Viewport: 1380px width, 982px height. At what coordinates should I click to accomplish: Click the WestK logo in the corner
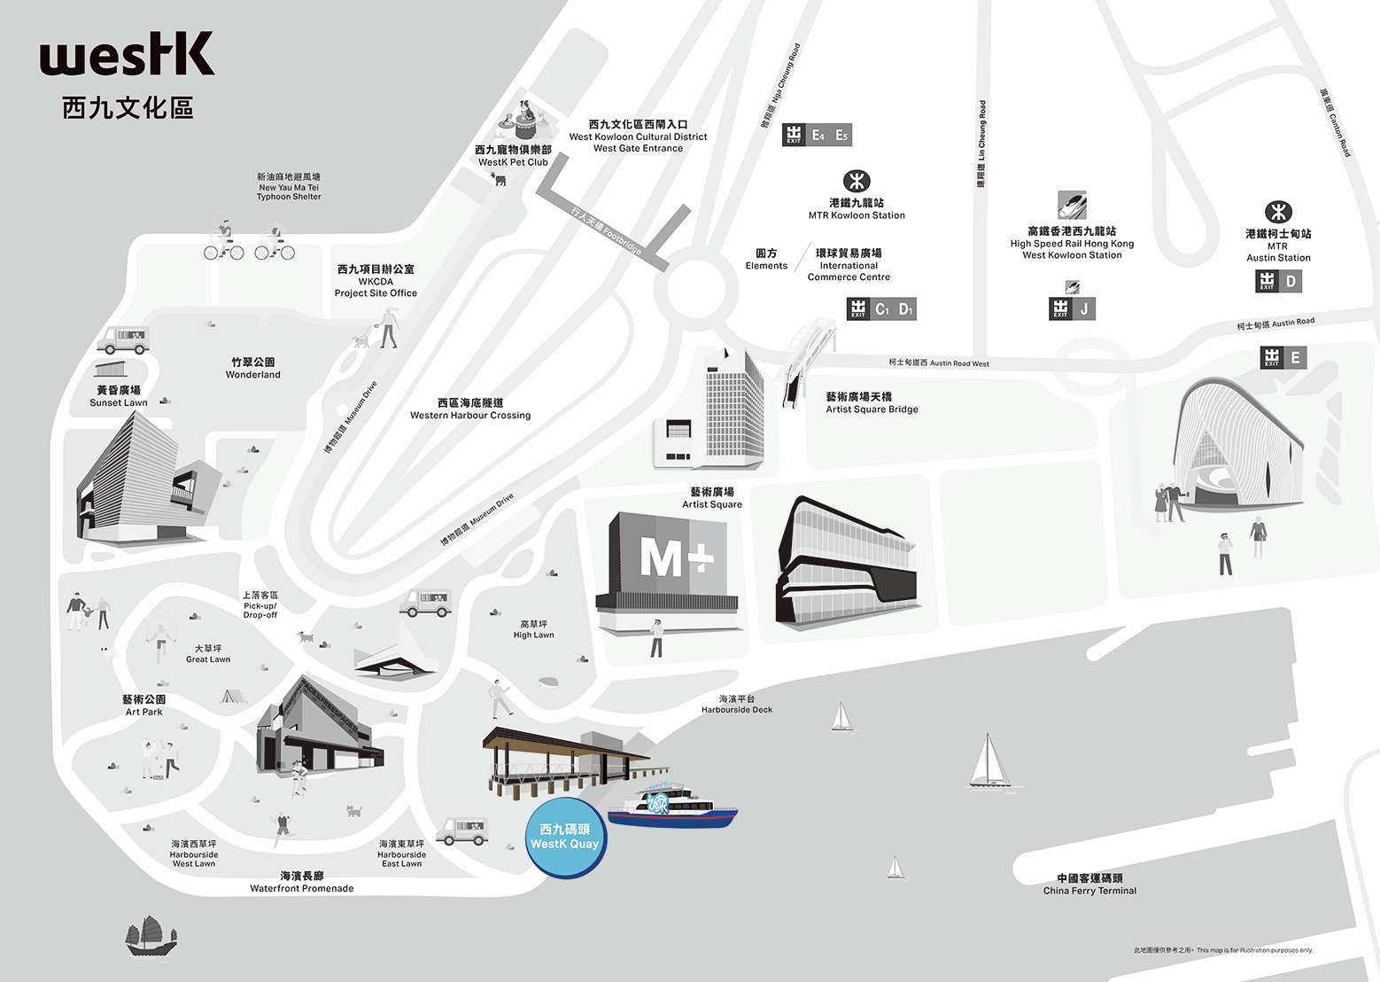(127, 55)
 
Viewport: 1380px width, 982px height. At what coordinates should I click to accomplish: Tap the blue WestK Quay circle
(565, 838)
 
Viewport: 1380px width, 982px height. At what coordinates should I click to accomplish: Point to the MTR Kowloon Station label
(857, 209)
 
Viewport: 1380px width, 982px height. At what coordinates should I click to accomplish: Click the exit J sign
(1073, 308)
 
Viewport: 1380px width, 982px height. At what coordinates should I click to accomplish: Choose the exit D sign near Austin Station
(1279, 282)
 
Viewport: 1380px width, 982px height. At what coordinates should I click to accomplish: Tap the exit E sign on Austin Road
(1283, 358)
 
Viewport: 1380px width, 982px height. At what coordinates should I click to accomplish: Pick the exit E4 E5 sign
(817, 135)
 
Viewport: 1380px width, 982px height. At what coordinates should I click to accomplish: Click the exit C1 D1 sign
(881, 308)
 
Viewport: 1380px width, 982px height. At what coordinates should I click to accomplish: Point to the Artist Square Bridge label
(872, 403)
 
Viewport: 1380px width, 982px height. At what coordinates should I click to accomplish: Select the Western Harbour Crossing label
(470, 409)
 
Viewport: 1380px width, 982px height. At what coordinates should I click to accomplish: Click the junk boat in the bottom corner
(151, 937)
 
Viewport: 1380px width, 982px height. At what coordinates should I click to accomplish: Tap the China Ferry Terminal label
(1089, 885)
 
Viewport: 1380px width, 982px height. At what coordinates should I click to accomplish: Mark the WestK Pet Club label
(513, 156)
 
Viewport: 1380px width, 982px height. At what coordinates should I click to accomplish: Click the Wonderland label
(252, 369)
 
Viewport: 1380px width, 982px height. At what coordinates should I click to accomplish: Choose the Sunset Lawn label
(119, 396)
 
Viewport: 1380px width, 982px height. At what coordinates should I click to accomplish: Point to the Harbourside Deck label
(737, 705)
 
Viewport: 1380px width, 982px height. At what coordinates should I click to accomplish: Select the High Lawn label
(533, 629)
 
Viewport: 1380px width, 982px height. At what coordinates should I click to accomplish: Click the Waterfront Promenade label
(302, 882)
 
